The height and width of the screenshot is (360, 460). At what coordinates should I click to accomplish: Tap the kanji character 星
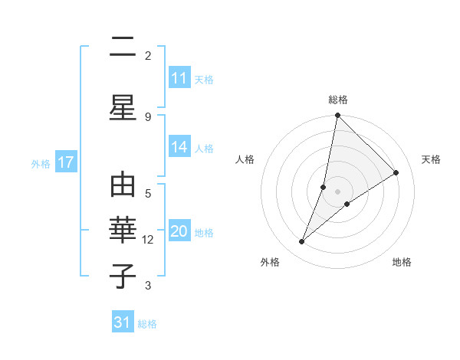point(123,106)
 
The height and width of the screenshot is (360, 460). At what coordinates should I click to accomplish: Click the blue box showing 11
point(179,79)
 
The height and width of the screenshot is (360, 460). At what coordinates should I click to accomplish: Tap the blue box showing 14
point(179,148)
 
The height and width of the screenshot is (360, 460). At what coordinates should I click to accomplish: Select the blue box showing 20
point(179,232)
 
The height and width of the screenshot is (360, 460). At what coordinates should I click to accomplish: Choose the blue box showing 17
point(65,162)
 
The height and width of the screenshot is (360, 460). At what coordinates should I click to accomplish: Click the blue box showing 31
point(123,322)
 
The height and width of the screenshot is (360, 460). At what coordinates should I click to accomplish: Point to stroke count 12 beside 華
point(149,240)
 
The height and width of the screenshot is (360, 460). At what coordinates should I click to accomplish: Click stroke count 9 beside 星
point(148,116)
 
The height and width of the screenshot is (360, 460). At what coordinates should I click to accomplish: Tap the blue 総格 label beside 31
point(147,324)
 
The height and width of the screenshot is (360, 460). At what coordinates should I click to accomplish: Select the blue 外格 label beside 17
point(41,163)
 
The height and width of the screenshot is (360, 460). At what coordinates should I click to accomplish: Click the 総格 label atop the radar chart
point(337,100)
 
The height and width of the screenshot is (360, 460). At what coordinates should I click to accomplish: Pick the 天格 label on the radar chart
point(431,159)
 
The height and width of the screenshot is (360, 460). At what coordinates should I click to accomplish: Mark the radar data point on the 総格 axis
point(337,116)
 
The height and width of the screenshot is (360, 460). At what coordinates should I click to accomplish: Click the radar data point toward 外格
point(302,242)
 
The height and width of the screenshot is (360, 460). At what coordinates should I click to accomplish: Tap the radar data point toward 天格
point(396,173)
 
